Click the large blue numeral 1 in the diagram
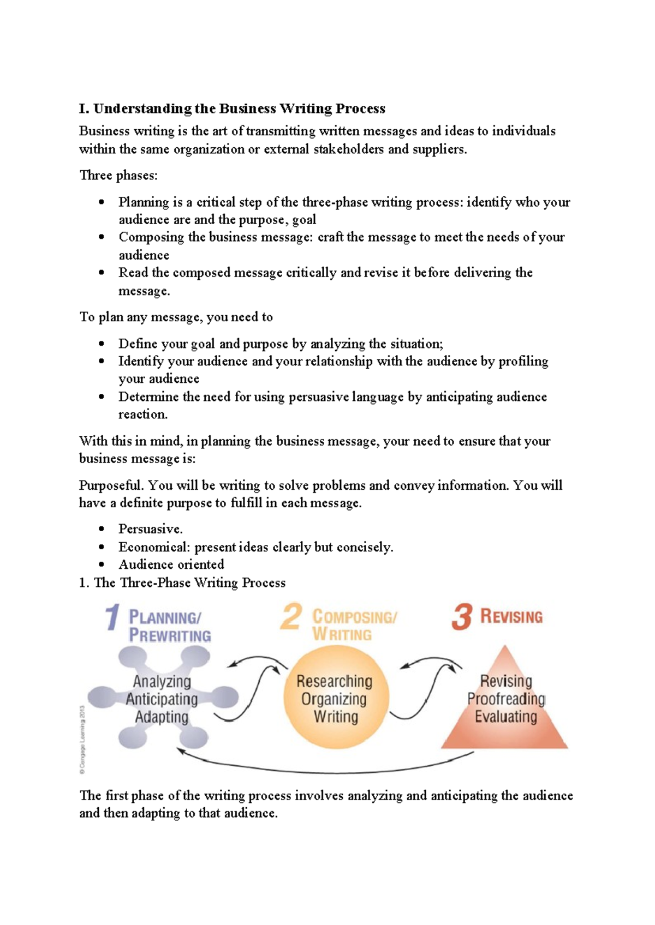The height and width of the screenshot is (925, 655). click(x=112, y=617)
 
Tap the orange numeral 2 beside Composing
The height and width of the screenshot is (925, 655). click(x=291, y=617)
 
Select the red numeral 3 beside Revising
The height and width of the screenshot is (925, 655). click(x=462, y=617)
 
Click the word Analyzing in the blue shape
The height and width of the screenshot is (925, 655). click(x=162, y=681)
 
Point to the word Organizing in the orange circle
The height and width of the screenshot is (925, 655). click(x=334, y=699)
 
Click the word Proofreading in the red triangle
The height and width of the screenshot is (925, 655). click(x=506, y=699)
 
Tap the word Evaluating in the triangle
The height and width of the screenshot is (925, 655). click(x=506, y=717)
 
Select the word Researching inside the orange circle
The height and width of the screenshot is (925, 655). click(x=334, y=681)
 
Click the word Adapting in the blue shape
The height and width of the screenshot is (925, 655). click(x=162, y=717)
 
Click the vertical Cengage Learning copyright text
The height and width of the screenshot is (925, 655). click(x=82, y=740)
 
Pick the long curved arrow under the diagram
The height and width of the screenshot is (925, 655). click(x=327, y=771)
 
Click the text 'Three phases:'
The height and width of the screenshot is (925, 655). click(x=118, y=175)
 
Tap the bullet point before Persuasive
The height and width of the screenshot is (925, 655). click(x=102, y=529)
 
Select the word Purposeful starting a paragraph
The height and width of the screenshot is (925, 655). click(x=111, y=485)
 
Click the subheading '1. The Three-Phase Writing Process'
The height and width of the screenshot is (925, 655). click(x=182, y=582)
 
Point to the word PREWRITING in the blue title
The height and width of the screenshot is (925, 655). click(x=170, y=635)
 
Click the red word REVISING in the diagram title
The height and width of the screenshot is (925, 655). click(x=511, y=617)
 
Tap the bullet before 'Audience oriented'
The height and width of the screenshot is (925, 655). click(x=102, y=564)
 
